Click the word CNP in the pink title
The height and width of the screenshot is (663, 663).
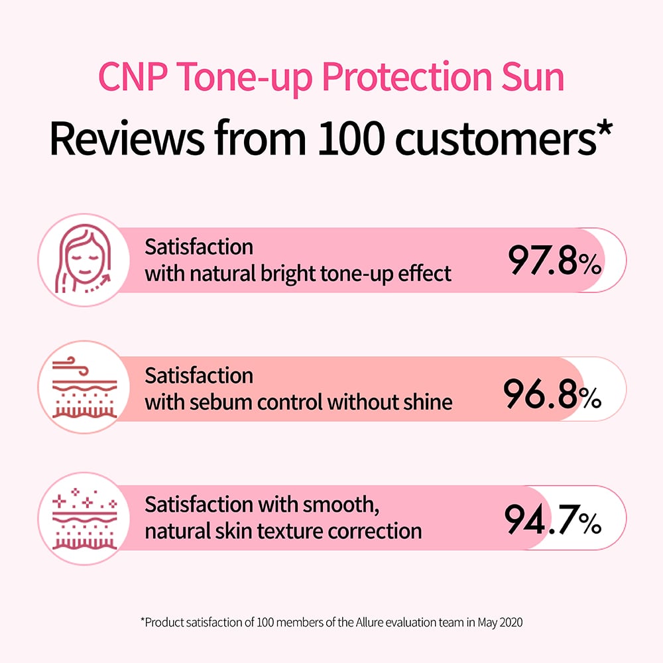[133, 76]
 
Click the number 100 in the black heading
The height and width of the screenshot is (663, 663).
[351, 139]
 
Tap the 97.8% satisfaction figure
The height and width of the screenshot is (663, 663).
[554, 260]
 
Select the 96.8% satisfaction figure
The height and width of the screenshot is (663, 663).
[552, 393]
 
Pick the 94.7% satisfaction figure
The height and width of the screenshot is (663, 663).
[553, 519]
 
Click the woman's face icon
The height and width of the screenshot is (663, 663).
[84, 259]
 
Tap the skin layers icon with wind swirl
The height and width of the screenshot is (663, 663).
[85, 387]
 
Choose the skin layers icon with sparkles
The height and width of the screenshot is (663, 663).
[85, 518]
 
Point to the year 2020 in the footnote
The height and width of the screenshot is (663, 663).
[511, 623]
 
